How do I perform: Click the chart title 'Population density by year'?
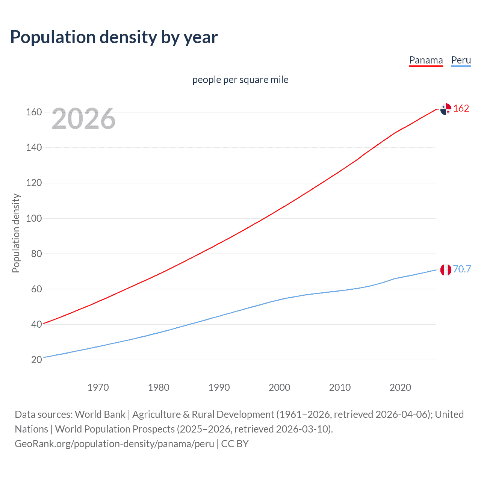click(x=114, y=37)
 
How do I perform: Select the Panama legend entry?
click(x=426, y=61)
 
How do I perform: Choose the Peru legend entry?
click(x=461, y=61)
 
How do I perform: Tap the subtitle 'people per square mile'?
click(x=240, y=80)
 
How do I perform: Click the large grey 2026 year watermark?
click(x=83, y=119)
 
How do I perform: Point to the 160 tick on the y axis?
click(x=34, y=112)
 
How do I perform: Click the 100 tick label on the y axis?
click(x=34, y=218)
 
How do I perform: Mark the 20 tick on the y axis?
click(x=36, y=360)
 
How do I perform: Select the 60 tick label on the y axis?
click(x=36, y=289)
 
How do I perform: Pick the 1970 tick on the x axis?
click(x=98, y=387)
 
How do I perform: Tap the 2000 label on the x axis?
click(x=279, y=387)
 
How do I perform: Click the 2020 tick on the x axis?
click(x=400, y=387)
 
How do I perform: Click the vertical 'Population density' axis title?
click(x=16, y=233)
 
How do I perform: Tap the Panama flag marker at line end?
click(x=446, y=109)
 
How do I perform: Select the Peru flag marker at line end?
click(x=446, y=270)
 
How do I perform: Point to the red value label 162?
click(x=461, y=109)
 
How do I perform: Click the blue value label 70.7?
click(x=462, y=269)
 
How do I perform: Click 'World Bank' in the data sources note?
click(x=100, y=414)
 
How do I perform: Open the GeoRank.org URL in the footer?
click(x=114, y=444)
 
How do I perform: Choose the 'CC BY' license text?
click(x=235, y=444)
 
